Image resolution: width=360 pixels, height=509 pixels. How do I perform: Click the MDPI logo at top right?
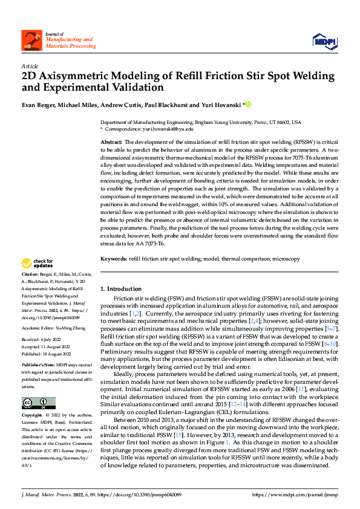click(324, 41)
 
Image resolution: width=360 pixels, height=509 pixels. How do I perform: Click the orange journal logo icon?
click(30, 40)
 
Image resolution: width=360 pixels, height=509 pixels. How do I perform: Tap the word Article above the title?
click(30, 66)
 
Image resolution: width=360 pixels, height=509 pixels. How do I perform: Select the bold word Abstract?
click(112, 141)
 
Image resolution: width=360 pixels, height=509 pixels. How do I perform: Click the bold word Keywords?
click(114, 276)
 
